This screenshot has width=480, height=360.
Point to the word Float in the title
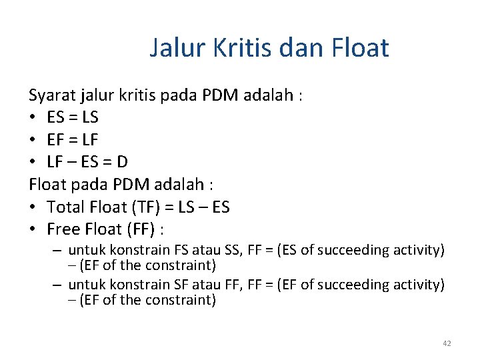pos(357,49)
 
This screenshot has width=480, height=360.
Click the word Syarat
pos(52,95)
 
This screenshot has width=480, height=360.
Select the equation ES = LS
pos(73,117)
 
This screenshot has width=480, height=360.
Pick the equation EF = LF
pos(73,140)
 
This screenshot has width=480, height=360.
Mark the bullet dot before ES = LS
pos(34,118)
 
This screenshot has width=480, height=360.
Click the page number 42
pos(446,343)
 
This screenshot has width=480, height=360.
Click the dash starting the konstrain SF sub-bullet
pos(58,285)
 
